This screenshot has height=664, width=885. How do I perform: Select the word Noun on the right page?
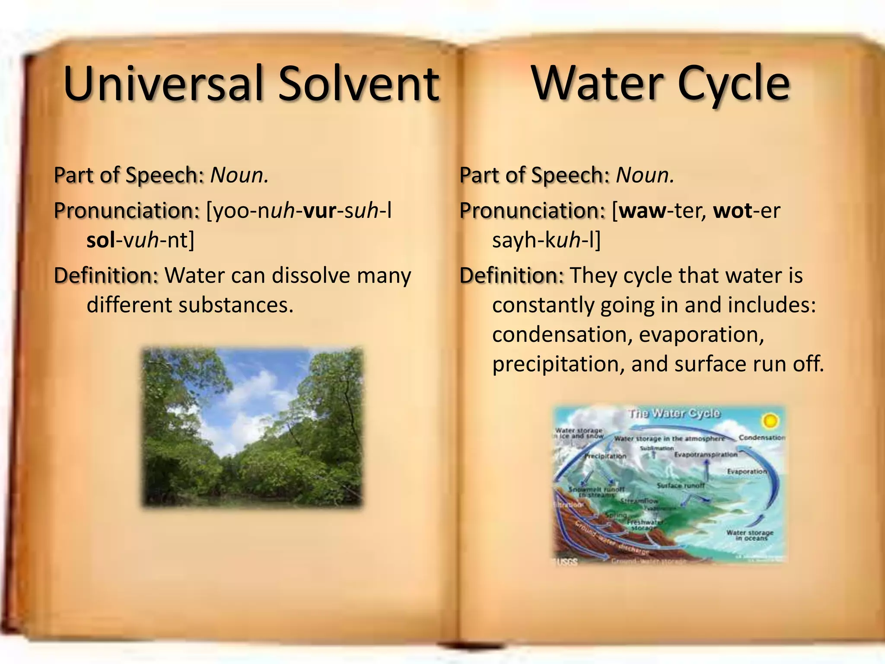pos(644,175)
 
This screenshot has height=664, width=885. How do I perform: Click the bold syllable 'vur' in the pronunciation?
pos(320,211)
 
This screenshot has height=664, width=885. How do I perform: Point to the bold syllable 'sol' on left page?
pos(101,240)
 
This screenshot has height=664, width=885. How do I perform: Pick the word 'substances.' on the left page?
pos(236,305)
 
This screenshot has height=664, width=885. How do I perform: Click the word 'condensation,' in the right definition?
pos(561,335)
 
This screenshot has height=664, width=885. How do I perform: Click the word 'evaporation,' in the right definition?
pos(701,335)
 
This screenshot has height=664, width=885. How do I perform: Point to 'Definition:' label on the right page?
pos(511,275)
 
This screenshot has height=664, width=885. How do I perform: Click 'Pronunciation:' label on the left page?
pos(127,211)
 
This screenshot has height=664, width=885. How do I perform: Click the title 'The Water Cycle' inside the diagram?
pos(674,414)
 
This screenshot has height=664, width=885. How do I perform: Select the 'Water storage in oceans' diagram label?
pos(750,535)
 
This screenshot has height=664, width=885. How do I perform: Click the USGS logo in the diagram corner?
pos(566,562)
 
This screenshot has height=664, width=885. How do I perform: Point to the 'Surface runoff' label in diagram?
pos(680,485)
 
